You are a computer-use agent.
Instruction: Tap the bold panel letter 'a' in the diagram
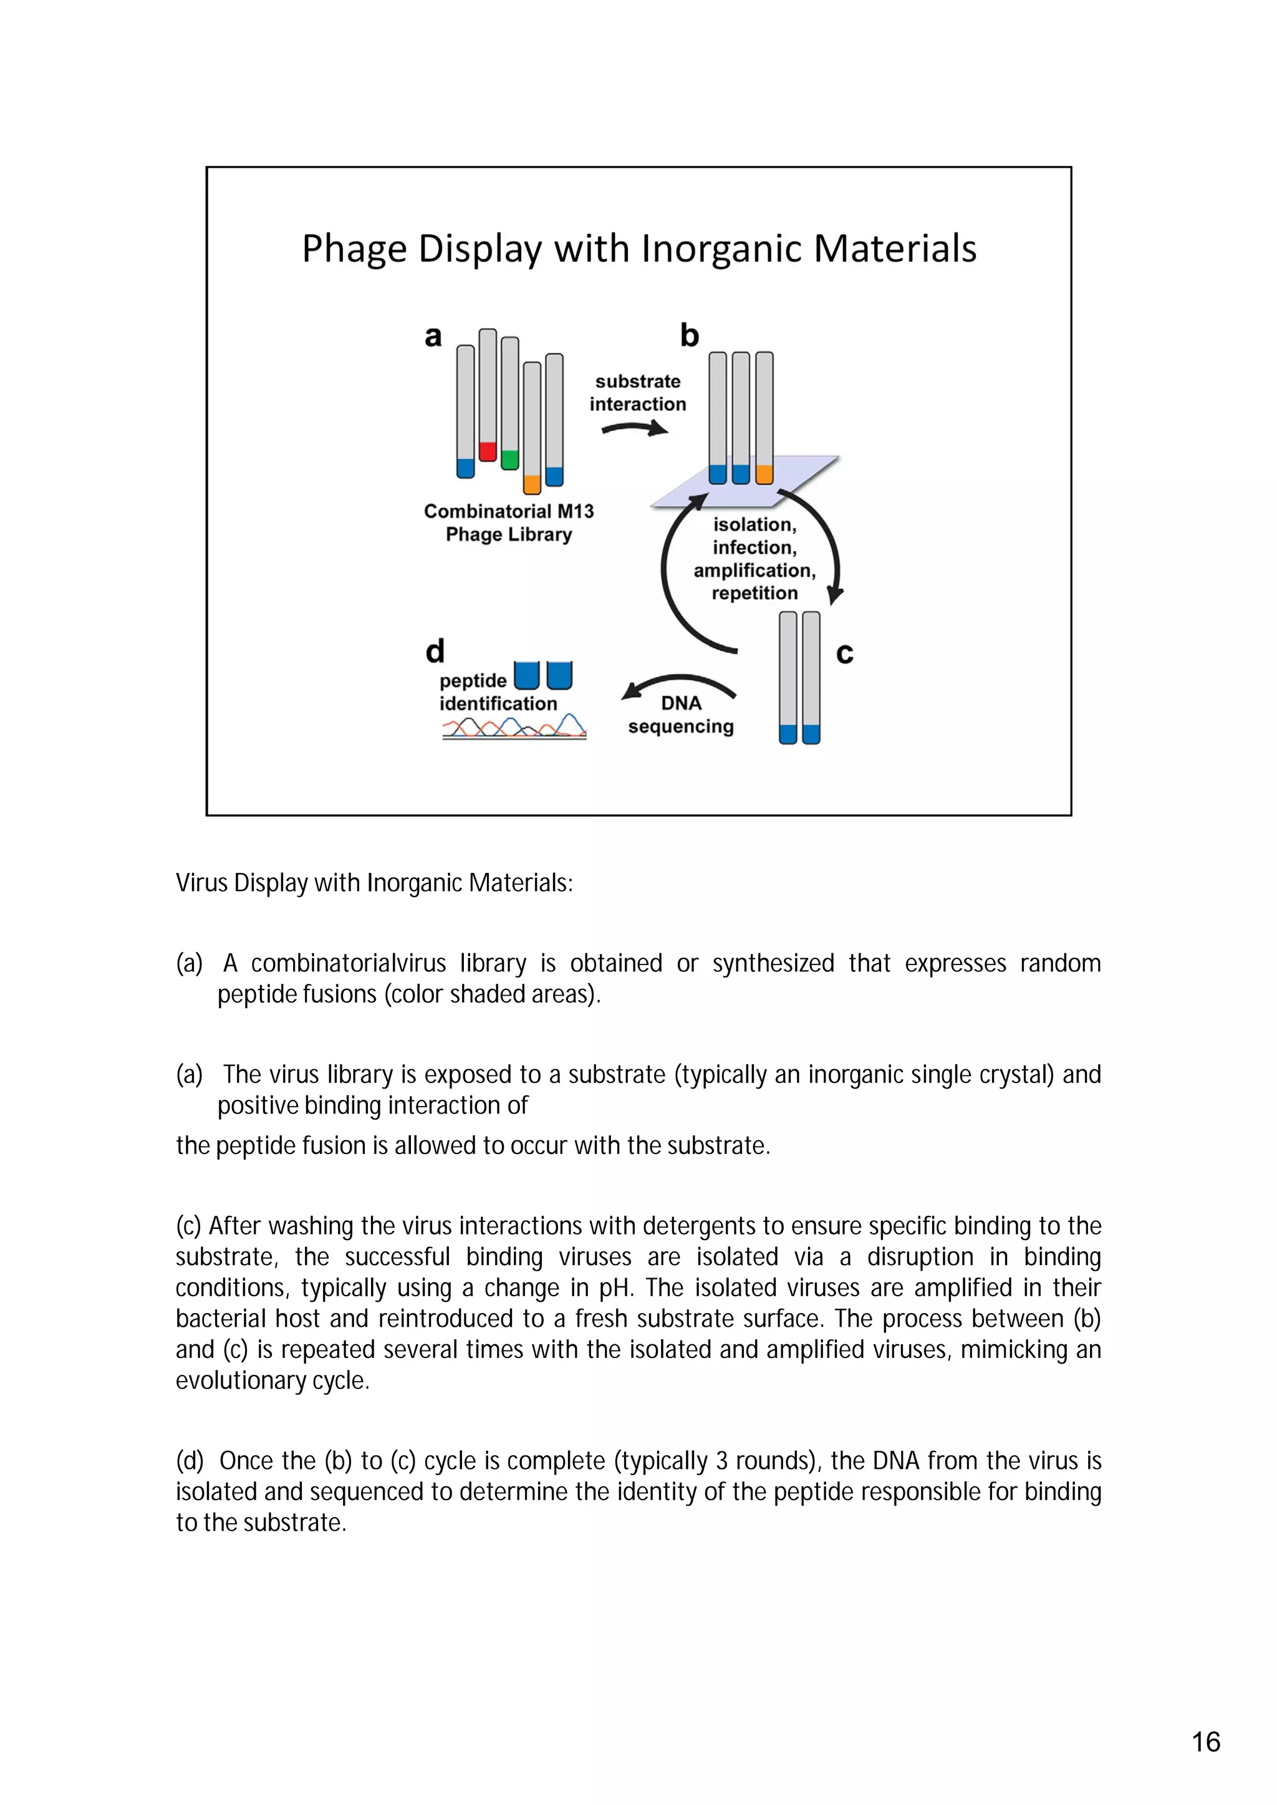coord(433,337)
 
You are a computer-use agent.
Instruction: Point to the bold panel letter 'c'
coord(844,653)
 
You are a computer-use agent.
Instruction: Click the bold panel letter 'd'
coord(435,651)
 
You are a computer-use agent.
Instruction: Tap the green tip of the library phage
coord(509,459)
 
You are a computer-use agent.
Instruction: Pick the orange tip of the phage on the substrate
coord(764,474)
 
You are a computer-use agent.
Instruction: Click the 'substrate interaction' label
coord(638,392)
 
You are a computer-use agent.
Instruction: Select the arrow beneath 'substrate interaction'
coord(635,428)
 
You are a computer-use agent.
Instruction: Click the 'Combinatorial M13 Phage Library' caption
coord(509,522)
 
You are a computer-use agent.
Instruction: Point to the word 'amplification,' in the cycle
coord(754,570)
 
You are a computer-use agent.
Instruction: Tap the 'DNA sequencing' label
coord(681,715)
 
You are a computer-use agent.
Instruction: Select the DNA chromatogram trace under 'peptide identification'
coord(514,726)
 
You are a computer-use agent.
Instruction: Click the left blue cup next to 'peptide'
coord(526,675)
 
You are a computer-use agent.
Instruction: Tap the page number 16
coord(1205,1742)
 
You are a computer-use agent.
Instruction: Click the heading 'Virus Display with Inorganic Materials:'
coord(374,883)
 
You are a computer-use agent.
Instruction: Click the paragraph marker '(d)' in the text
coord(190,1461)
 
